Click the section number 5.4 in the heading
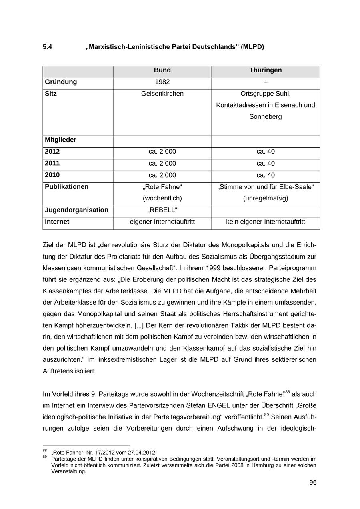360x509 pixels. point(48,47)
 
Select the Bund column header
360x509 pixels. point(162,70)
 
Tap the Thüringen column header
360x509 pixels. point(266,70)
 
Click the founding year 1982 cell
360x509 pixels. point(162,82)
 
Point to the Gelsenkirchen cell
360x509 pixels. point(162,94)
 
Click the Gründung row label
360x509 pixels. point(61,82)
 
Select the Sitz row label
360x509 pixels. point(51,94)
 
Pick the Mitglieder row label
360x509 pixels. point(60,140)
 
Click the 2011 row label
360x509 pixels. point(52,163)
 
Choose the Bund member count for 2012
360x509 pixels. point(162,152)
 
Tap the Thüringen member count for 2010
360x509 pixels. point(266,175)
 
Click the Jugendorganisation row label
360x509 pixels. point(76,210)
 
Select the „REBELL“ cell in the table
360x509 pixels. point(162,210)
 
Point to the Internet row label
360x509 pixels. point(57,222)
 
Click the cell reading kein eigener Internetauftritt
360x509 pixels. point(266,222)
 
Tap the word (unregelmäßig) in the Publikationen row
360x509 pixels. point(266,198)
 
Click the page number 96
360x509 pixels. point(313,483)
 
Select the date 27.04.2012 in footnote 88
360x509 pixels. point(142,453)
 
